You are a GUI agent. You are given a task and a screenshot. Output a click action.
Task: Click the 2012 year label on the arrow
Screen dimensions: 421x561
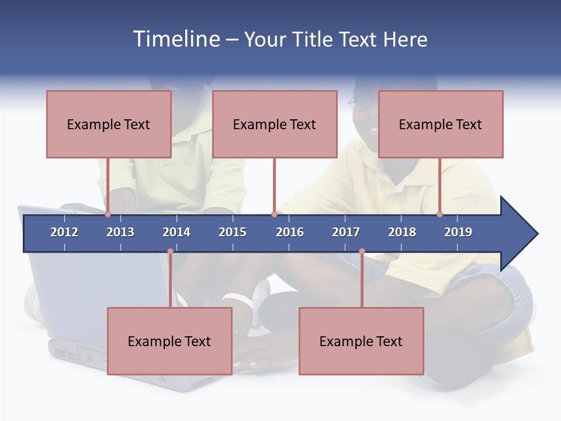64,232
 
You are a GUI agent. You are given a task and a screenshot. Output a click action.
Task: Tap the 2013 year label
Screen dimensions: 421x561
120,232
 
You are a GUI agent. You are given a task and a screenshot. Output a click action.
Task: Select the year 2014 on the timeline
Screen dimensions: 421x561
176,232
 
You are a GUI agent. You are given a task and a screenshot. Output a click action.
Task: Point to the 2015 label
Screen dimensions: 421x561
233,232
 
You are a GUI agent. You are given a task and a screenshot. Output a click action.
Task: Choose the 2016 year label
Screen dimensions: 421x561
290,232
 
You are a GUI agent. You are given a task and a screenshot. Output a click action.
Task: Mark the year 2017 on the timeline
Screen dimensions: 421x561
346,232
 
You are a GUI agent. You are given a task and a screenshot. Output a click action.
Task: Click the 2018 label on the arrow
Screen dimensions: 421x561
402,232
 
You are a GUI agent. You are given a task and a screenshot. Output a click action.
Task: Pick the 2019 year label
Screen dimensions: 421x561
458,232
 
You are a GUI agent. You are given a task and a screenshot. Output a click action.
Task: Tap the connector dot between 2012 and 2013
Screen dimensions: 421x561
108,215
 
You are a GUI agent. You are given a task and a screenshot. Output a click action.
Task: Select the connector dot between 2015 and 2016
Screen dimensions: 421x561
274,215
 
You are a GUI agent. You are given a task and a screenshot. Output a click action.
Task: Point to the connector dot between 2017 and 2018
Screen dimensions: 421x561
362,251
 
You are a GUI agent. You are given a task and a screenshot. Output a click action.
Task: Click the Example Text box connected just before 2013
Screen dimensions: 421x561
109,124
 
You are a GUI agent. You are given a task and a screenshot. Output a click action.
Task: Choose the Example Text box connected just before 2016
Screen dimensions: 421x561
275,124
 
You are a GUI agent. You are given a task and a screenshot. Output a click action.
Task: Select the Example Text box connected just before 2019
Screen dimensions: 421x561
441,124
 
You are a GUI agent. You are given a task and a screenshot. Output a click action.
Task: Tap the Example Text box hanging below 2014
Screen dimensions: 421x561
169,341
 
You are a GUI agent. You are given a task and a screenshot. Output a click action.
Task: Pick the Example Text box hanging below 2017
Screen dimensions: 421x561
361,341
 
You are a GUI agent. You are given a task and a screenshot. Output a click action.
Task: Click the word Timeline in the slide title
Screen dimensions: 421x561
175,39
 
